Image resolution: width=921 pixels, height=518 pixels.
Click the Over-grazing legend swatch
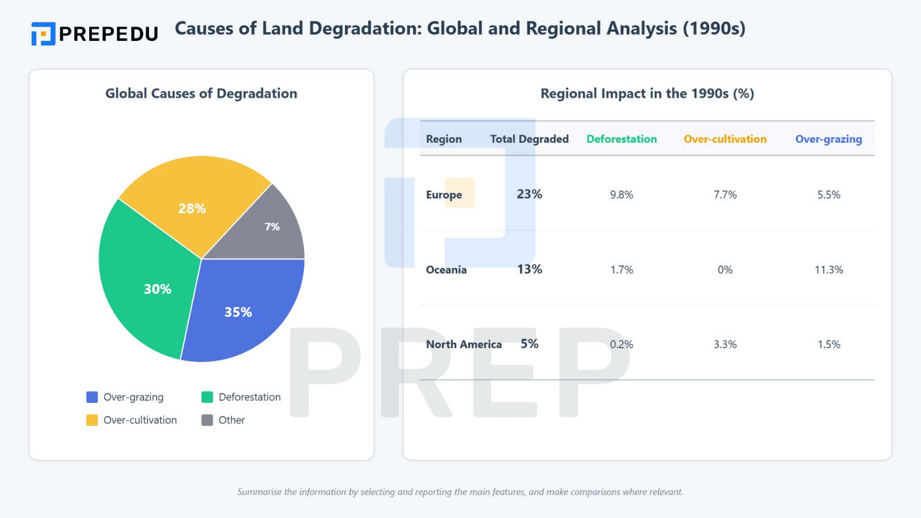92,397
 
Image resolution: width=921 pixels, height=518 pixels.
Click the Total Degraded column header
529,139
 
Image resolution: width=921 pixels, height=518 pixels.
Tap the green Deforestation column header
621,139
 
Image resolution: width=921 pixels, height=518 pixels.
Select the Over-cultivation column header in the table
725,139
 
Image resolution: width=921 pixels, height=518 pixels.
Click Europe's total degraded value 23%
529,194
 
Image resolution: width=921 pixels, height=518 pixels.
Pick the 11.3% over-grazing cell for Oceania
828,269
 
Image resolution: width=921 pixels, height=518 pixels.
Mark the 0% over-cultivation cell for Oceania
725,269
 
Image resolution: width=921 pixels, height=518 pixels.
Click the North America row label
463,344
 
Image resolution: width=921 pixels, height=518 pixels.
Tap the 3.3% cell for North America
725,344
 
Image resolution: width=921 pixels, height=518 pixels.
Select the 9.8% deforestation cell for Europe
621,195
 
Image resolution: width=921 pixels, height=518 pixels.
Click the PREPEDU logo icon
43,34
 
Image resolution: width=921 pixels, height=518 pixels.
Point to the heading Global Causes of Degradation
201,93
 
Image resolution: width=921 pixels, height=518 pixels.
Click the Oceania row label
446,269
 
